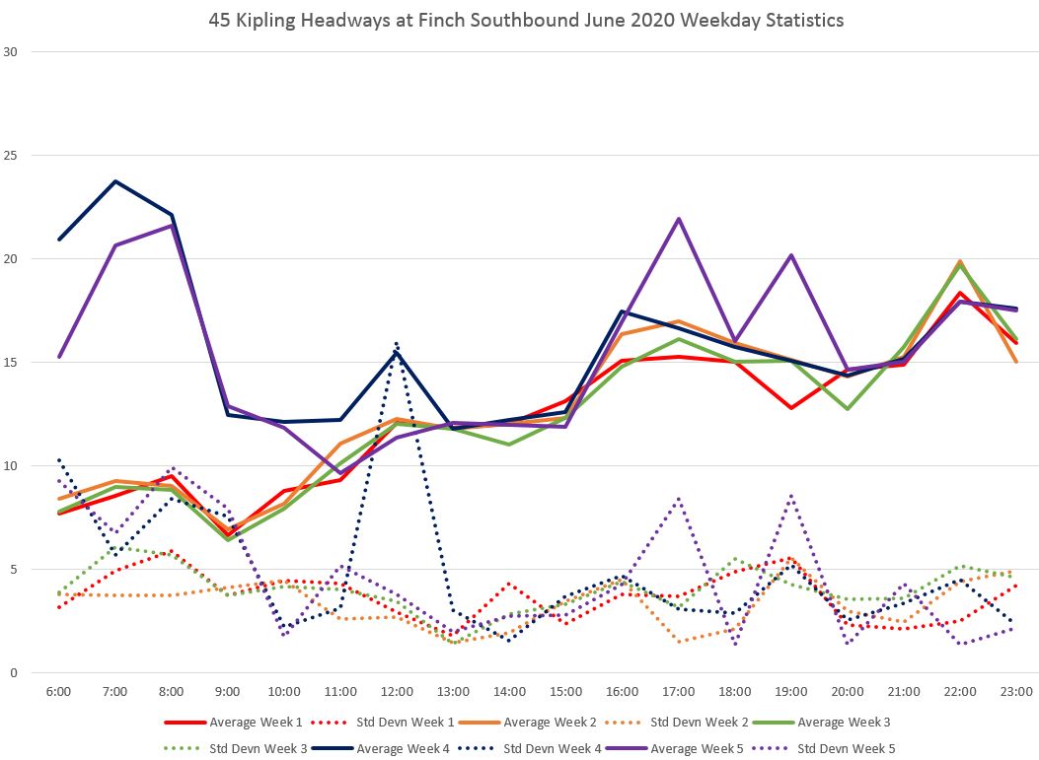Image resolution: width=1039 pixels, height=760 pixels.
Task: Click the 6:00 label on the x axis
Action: [x=59, y=692]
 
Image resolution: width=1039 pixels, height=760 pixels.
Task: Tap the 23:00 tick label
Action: [x=1016, y=692]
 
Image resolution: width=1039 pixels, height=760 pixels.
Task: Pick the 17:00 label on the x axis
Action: [x=679, y=692]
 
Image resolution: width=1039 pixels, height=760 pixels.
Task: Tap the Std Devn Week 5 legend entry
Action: [x=847, y=748]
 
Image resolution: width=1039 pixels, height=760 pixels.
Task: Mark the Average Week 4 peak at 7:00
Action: [x=115, y=181]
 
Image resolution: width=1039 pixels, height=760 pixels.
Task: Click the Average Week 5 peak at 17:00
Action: [x=679, y=219]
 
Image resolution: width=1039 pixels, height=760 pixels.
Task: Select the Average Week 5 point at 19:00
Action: [x=791, y=255]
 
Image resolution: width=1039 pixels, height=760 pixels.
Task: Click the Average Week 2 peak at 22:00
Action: [x=960, y=261]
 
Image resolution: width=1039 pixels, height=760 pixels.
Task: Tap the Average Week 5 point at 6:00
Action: [x=59, y=357]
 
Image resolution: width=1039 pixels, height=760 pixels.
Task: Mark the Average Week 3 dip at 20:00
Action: [x=848, y=408]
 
